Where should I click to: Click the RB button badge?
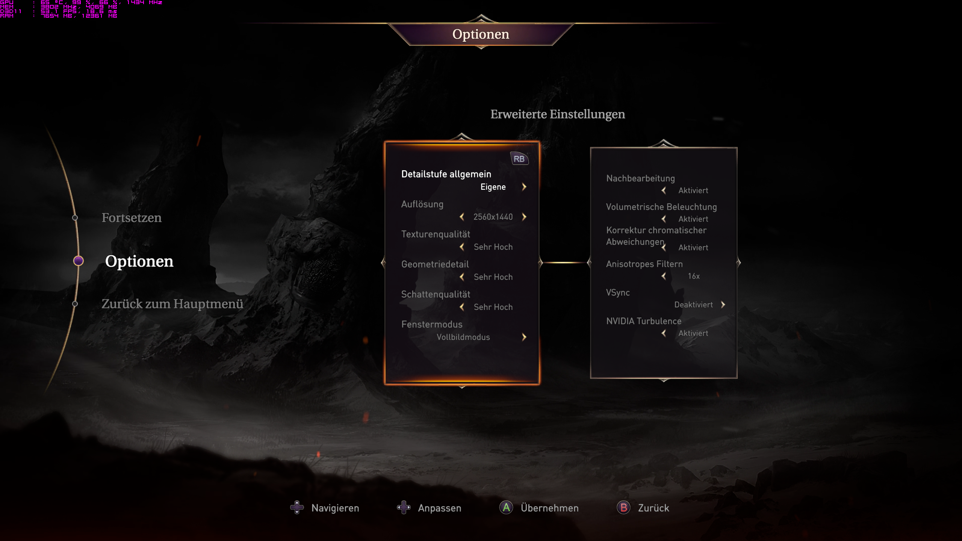pyautogui.click(x=519, y=159)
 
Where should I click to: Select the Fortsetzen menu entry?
pyautogui.click(x=132, y=218)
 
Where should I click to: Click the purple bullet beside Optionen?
pyautogui.click(x=78, y=261)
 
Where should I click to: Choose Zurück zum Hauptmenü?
pyautogui.click(x=172, y=304)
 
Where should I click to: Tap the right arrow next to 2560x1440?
pyautogui.click(x=524, y=217)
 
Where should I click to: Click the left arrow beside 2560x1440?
pyautogui.click(x=462, y=217)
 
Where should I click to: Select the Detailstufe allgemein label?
pyautogui.click(x=446, y=174)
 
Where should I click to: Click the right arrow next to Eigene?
pyautogui.click(x=524, y=187)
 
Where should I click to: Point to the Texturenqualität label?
pyautogui.click(x=436, y=234)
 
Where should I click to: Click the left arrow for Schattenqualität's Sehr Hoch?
pyautogui.click(x=462, y=307)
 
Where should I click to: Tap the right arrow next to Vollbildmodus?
pyautogui.click(x=524, y=337)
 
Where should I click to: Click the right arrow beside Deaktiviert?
pyautogui.click(x=723, y=305)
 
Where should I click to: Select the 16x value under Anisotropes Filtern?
pyautogui.click(x=694, y=276)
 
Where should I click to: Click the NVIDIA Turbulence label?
pyautogui.click(x=644, y=321)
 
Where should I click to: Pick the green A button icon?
pyautogui.click(x=506, y=508)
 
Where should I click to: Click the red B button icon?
pyautogui.click(x=623, y=508)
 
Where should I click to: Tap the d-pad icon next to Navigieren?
pyautogui.click(x=297, y=508)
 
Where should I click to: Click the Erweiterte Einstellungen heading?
pyautogui.click(x=558, y=114)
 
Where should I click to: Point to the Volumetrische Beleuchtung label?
pyautogui.click(x=661, y=207)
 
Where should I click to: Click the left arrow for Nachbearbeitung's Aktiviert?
pyautogui.click(x=664, y=190)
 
